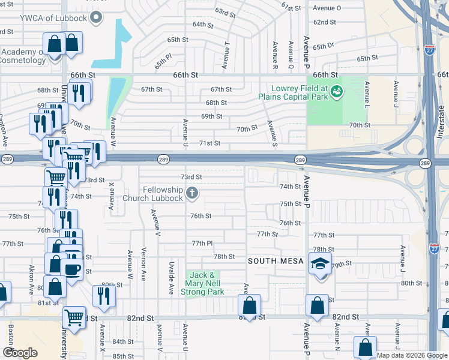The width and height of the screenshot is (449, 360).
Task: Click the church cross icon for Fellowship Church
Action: click(191, 193)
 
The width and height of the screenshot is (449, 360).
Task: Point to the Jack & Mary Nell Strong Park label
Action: click(202, 283)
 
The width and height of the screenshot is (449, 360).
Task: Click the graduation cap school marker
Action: click(320, 262)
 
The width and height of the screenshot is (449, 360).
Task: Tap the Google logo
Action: click(20, 353)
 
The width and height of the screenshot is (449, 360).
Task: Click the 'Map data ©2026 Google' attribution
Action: click(412, 355)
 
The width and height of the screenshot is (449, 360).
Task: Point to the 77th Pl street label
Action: click(202, 243)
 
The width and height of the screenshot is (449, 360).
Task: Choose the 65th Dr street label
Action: click(322, 46)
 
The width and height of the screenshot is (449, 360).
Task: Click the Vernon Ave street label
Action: click(143, 262)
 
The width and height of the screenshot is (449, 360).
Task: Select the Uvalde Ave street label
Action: click(172, 277)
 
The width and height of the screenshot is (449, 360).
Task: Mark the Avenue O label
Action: click(327, 8)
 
